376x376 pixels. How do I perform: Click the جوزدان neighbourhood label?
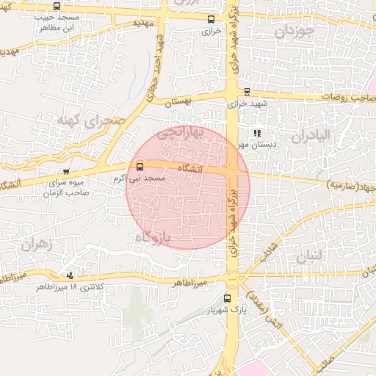coord(296,32)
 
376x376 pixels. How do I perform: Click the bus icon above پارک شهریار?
coord(227,299)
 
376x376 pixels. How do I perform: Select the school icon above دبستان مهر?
coord(256,133)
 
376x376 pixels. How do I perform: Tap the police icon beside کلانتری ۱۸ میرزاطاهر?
coord(70,275)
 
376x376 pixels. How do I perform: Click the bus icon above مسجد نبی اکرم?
coord(140,167)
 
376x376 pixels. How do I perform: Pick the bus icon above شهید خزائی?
coord(247,92)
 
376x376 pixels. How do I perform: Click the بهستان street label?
coord(178,103)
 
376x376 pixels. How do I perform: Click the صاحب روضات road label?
coord(346,97)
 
